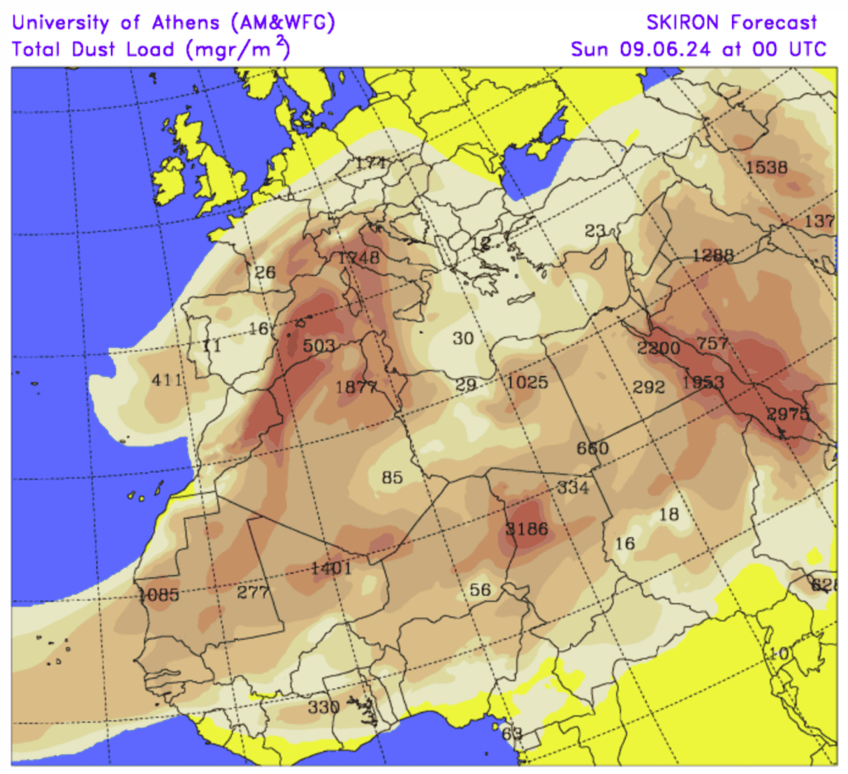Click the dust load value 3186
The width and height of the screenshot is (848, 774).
(527, 529)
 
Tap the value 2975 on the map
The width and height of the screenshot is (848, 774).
(787, 414)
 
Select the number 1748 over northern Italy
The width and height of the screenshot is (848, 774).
(359, 258)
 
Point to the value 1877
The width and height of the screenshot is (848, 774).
(356, 386)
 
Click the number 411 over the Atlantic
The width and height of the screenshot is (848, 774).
(166, 380)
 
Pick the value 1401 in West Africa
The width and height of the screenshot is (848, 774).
(331, 568)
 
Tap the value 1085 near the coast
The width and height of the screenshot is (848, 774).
(158, 593)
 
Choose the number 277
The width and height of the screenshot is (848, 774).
(253, 592)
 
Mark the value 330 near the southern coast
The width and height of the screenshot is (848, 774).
(323, 707)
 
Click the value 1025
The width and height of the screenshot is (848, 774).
(527, 382)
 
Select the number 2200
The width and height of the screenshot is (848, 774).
(658, 347)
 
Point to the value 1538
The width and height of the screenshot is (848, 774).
(766, 167)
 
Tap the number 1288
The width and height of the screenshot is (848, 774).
(712, 254)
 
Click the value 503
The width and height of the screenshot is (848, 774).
(319, 345)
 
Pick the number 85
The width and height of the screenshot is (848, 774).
(392, 477)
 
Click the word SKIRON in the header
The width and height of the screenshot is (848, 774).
(681, 22)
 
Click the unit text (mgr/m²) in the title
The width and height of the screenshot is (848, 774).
(238, 48)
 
